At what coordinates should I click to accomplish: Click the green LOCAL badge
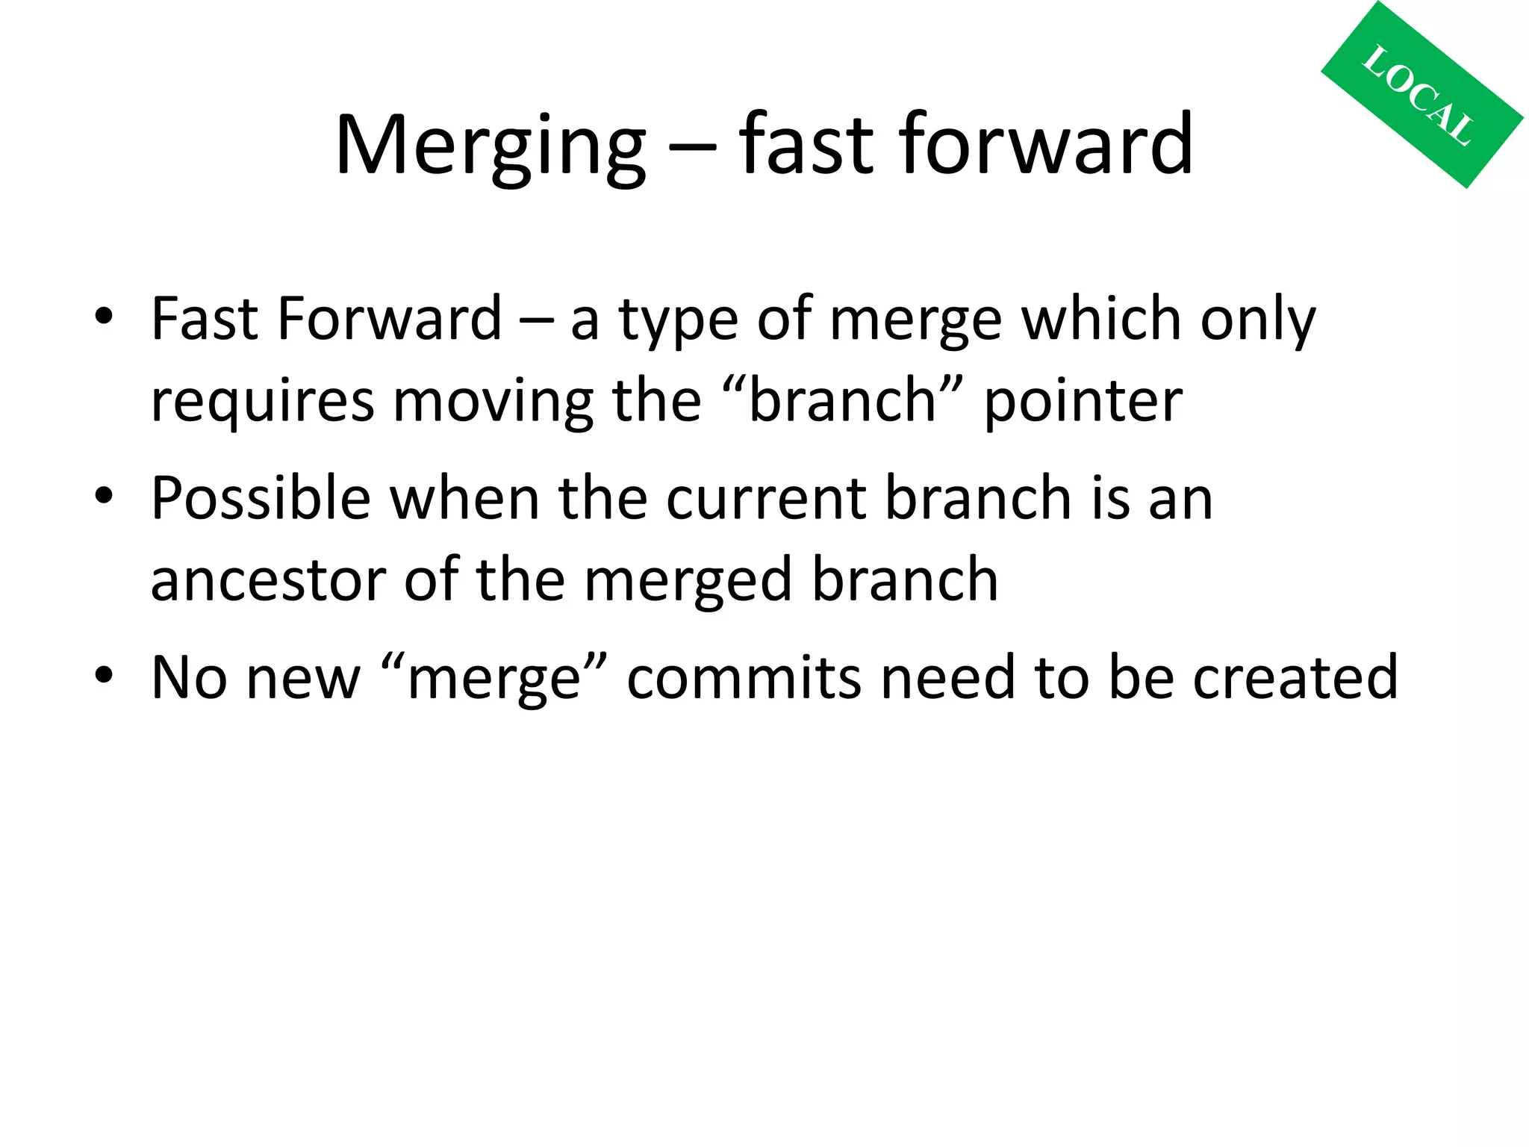click(1421, 95)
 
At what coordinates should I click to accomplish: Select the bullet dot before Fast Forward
click(104, 317)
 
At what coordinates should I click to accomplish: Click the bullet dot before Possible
click(104, 496)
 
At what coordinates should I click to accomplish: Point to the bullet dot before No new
click(104, 675)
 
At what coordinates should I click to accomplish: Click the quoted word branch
click(842, 400)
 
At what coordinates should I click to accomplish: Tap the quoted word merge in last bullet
click(493, 678)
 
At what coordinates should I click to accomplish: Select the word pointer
click(1083, 402)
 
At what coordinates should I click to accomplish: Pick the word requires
click(262, 402)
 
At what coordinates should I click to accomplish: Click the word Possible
click(261, 497)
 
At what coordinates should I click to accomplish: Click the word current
click(766, 499)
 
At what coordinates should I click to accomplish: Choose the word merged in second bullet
click(687, 581)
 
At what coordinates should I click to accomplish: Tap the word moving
click(493, 402)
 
